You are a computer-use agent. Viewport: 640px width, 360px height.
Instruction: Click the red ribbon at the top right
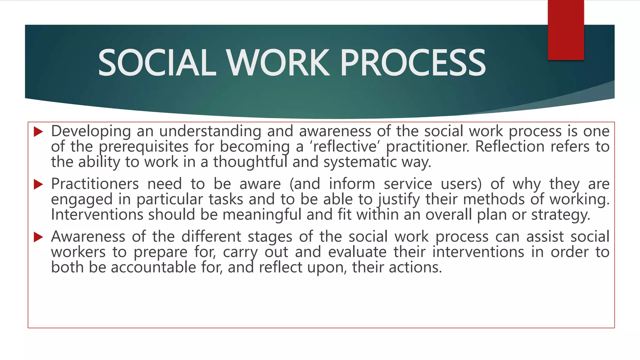click(x=566, y=30)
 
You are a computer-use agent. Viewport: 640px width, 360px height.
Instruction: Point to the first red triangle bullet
click(x=38, y=132)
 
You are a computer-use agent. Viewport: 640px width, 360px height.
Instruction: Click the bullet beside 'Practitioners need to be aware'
click(x=38, y=184)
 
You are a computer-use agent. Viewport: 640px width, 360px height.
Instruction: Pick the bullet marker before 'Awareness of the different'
click(x=38, y=237)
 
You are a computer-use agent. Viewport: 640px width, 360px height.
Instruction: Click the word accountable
click(x=153, y=267)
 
